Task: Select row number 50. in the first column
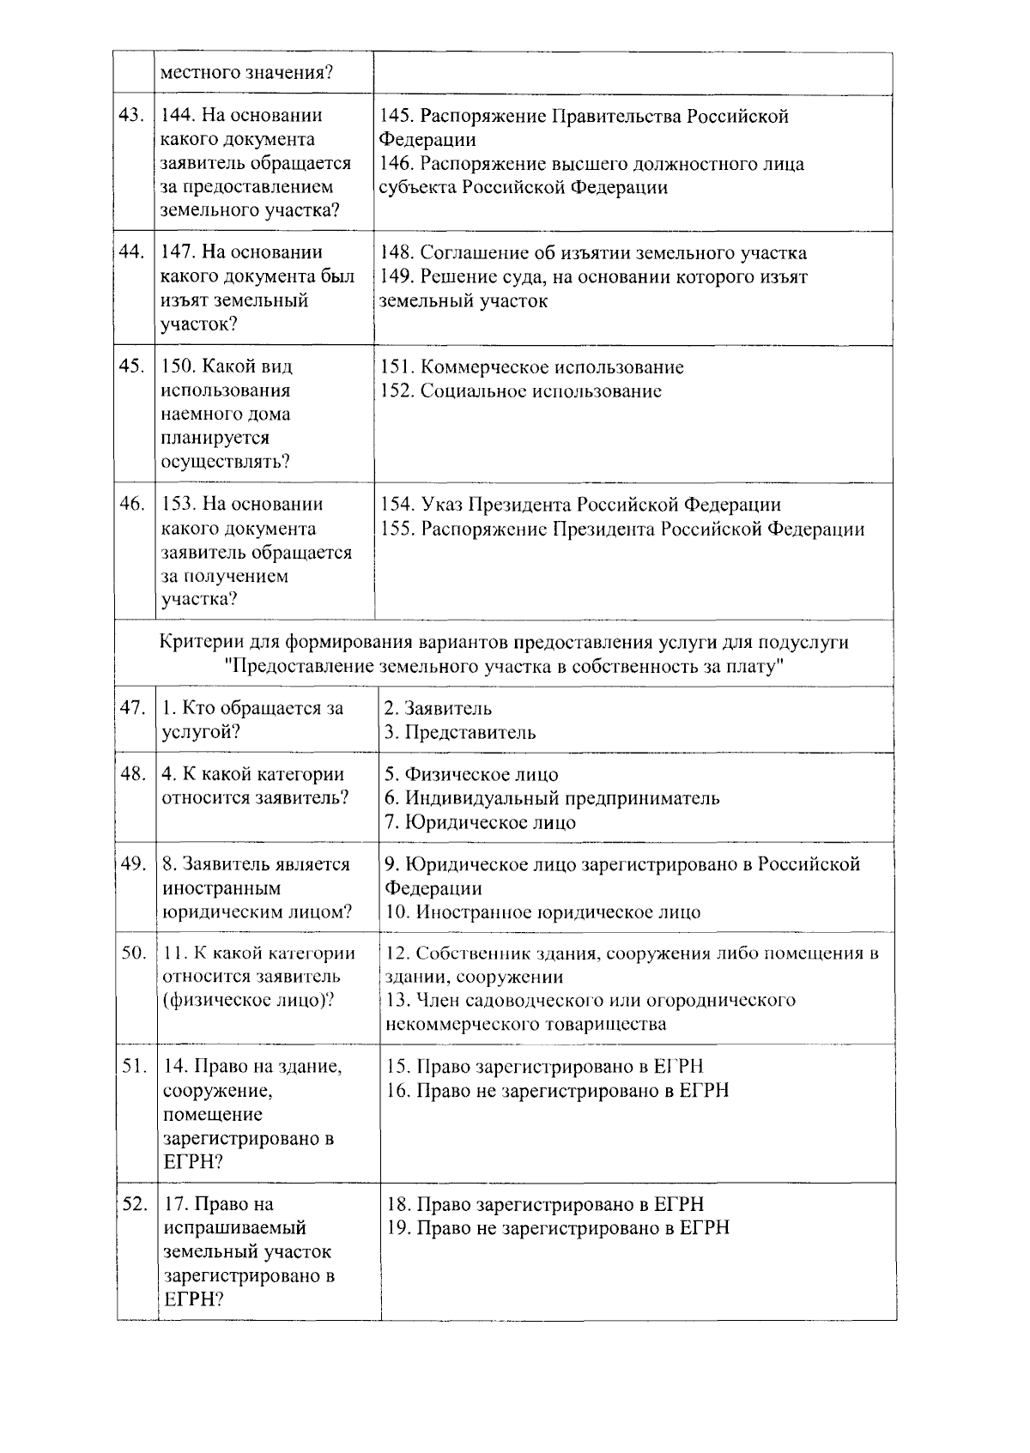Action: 134,952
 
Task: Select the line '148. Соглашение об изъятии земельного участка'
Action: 592,253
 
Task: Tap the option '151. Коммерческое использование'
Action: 532,367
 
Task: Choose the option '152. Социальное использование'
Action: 521,391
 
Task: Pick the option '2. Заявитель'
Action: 438,708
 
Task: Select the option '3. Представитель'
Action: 460,732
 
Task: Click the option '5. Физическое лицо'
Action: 471,774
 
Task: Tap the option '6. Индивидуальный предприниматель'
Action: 552,798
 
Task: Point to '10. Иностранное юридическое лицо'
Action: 542,912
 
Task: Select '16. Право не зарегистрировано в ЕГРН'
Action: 558,1091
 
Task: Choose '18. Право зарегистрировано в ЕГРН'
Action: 545,1204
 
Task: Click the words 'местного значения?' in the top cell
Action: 246,72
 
